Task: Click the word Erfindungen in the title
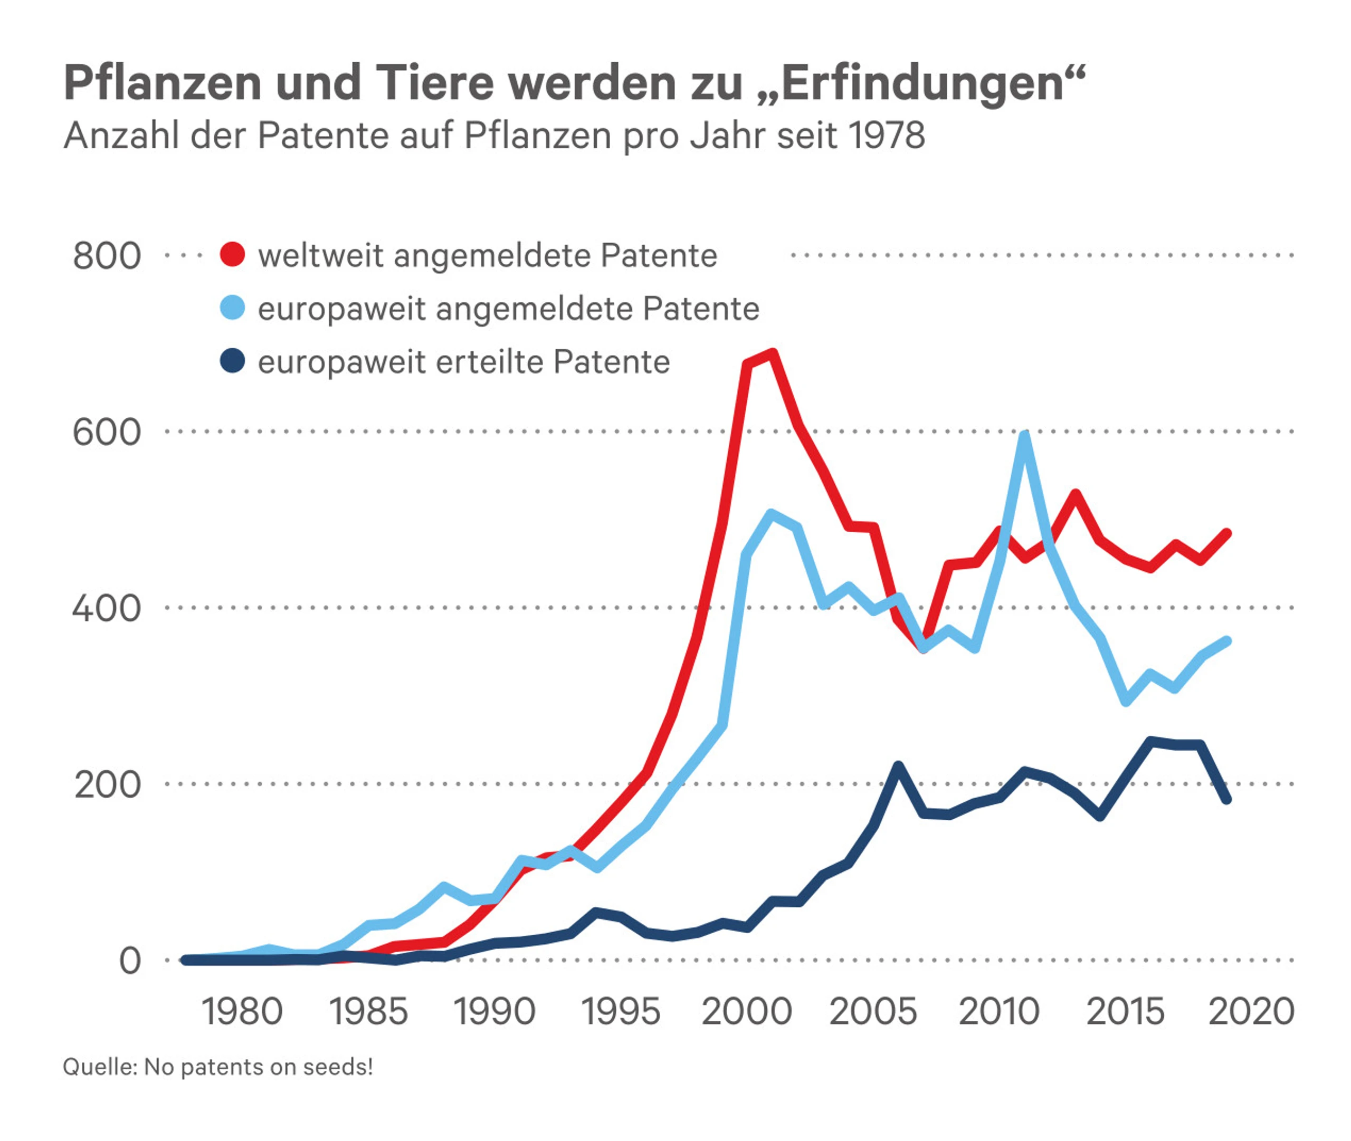click(x=924, y=84)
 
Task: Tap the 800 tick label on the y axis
click(x=107, y=256)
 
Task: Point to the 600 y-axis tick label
click(x=107, y=432)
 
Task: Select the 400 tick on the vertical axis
click(x=107, y=609)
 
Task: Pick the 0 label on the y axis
click(x=130, y=961)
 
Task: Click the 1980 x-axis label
click(x=242, y=1012)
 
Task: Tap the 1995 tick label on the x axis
click(x=621, y=1012)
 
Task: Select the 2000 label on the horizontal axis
click(x=747, y=1012)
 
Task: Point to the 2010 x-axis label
click(x=999, y=1012)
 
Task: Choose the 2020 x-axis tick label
click(x=1251, y=1012)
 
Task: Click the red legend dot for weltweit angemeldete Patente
click(x=232, y=255)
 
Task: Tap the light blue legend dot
click(x=232, y=308)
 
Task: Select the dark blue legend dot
click(x=232, y=361)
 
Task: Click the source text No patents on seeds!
click(x=258, y=1067)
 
